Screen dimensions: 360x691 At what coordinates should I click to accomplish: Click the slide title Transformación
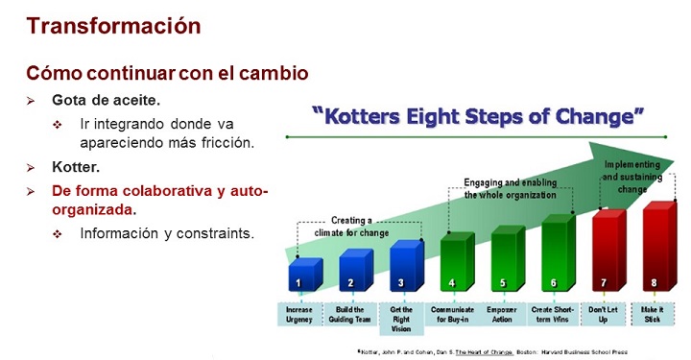[113, 25]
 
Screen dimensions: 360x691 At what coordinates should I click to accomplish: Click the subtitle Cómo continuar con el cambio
[154, 73]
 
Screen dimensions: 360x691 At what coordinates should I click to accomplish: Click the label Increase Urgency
[298, 315]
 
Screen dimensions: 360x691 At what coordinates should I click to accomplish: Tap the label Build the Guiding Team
[350, 315]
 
